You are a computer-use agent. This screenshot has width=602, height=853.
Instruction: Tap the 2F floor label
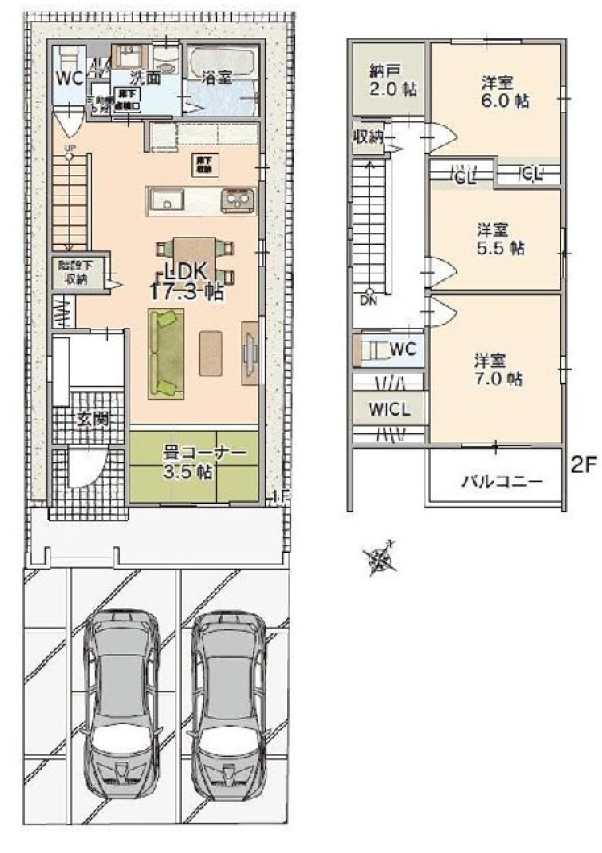pos(582,466)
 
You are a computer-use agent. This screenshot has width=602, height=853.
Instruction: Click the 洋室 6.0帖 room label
pos(504,91)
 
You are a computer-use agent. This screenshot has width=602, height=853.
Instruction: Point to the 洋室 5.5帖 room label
pos(500,238)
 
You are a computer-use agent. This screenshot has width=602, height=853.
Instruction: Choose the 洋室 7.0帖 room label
pos(497,370)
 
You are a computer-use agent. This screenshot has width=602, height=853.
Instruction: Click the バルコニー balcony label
pos(502,481)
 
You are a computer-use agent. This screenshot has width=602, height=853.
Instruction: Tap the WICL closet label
pos(389,410)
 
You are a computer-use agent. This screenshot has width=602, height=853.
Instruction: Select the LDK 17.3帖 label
pos(187,281)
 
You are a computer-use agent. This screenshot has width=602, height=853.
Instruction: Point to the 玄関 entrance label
pos(93,419)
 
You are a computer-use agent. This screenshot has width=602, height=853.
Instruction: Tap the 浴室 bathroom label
pos(217,77)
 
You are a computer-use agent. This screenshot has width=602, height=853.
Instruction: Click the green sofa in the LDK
pos(166,353)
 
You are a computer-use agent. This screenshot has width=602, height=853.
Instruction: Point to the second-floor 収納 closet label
pos(368,137)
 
